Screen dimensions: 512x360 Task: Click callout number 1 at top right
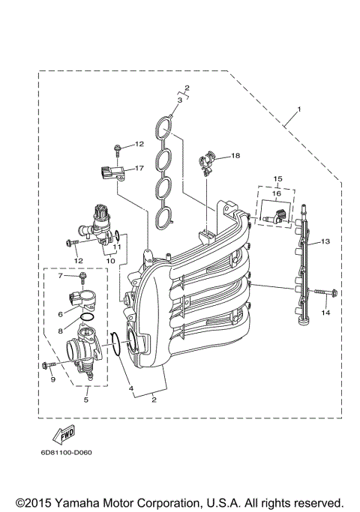pos(299,110)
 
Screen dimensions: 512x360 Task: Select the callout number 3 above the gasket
pos(180,100)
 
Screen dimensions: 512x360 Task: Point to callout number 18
pos(235,156)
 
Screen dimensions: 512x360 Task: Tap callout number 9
pos(53,380)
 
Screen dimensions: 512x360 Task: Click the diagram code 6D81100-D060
pos(67,452)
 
